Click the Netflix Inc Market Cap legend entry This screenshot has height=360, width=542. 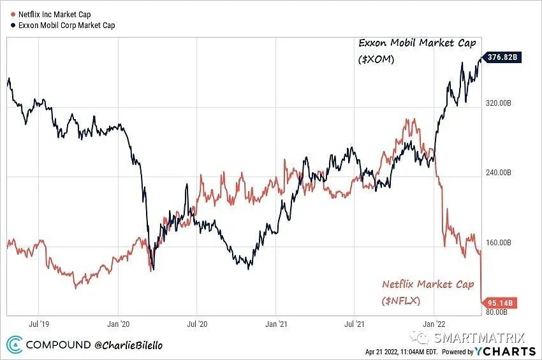(51, 13)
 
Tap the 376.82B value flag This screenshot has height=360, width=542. (501, 57)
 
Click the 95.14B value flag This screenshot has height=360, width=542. (499, 302)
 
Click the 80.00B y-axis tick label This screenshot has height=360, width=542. (497, 312)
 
